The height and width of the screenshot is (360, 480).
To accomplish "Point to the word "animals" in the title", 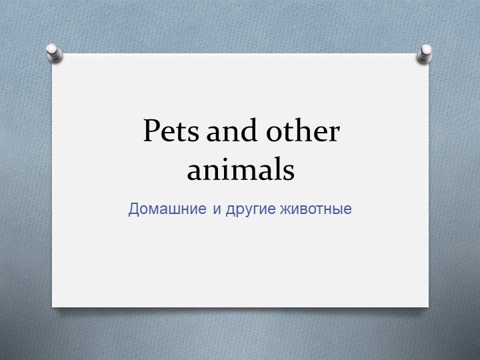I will click(240, 170).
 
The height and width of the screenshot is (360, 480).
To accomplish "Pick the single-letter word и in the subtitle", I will click(218, 209).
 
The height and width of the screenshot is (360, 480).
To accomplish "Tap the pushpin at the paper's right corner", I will click(424, 53).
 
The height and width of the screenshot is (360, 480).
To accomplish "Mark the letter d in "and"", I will click(248, 131).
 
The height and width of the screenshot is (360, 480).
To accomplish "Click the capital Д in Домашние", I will click(133, 209).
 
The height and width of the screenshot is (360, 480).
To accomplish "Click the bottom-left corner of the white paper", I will click(53, 306).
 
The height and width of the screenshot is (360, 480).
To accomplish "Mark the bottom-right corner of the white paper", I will click(428, 307).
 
